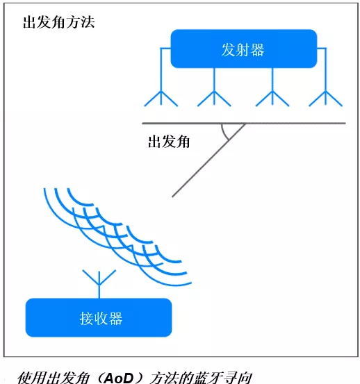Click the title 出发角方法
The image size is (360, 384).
pyautogui.click(x=58, y=22)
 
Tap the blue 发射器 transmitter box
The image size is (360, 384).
pyautogui.click(x=244, y=49)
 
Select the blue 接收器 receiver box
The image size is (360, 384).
pyautogui.click(x=99, y=317)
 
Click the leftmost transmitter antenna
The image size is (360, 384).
pyautogui.click(x=161, y=99)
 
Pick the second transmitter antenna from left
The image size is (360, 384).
pyautogui.click(x=214, y=99)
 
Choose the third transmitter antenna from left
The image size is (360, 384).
pyautogui.click(x=272, y=99)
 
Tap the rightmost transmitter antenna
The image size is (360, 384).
pyautogui.click(x=325, y=99)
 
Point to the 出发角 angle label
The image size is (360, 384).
pyautogui.click(x=169, y=142)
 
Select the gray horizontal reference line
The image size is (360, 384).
pyautogui.click(x=244, y=123)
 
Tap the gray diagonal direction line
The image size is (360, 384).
pyautogui.click(x=208, y=160)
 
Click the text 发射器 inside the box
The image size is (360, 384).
pyautogui.click(x=243, y=50)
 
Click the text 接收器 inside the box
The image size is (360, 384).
pyautogui.click(x=101, y=318)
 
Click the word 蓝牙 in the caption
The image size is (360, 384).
pyautogui.click(x=207, y=378)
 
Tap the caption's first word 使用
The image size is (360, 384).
pyautogui.click(x=31, y=378)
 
